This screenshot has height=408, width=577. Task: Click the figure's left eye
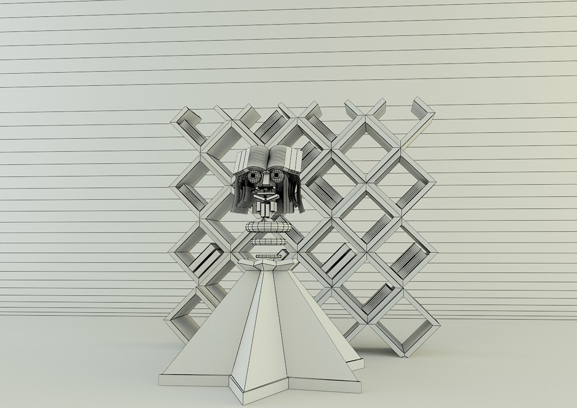point(253,176)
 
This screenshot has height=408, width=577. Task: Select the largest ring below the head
point(268,227)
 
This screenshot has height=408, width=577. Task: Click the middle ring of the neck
point(268,242)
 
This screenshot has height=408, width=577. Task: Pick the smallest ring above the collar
point(268,257)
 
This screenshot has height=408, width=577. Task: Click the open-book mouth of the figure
point(266,197)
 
